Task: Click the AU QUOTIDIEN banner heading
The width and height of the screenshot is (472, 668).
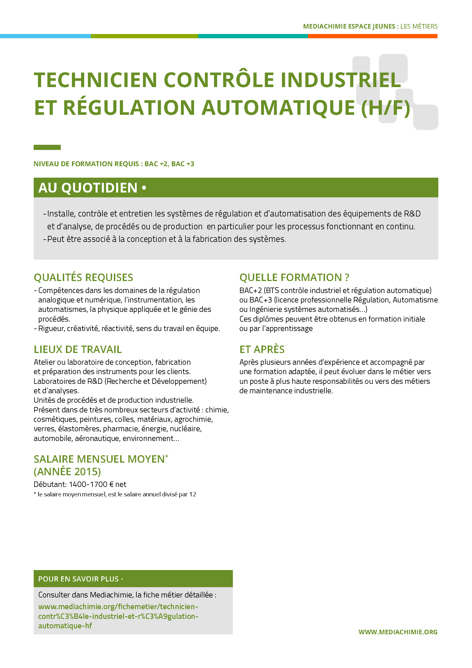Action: (88, 188)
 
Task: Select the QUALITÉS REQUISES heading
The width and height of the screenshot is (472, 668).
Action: (83, 277)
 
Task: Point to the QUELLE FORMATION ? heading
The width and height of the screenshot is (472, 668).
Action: (294, 277)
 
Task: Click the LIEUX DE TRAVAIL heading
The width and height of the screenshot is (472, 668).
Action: (78, 349)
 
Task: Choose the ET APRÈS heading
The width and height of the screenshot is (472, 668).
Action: (262, 349)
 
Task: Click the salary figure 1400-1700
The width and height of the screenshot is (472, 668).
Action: (88, 484)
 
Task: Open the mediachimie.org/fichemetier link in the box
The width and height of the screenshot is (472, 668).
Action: (118, 616)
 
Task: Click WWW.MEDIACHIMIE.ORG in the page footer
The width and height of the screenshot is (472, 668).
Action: (398, 632)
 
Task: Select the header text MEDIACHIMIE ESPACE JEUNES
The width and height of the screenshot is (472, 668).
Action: (349, 27)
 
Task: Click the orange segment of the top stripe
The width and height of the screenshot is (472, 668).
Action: (372, 36)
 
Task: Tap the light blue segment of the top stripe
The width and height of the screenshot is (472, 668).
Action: (45, 36)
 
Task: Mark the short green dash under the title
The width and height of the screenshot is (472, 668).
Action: (47, 147)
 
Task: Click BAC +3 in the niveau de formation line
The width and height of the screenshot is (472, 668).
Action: (183, 164)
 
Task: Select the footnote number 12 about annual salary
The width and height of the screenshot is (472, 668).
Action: (193, 494)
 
